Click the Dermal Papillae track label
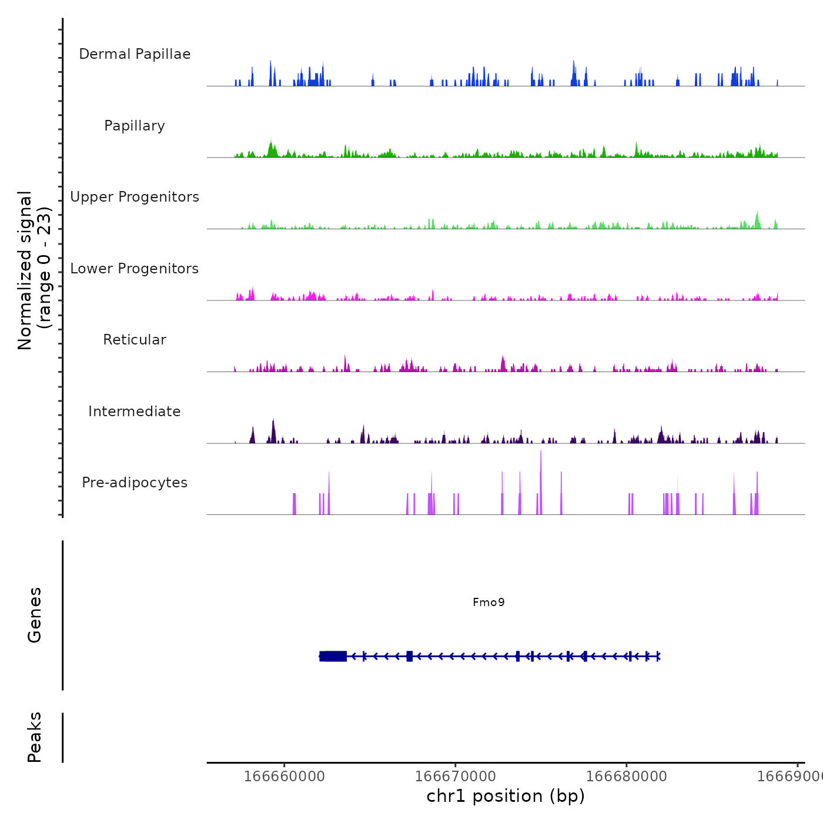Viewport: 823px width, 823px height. click(135, 54)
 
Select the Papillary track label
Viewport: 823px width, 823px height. click(135, 126)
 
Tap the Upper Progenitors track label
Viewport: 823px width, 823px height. click(135, 197)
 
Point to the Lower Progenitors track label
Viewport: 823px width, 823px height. click(135, 269)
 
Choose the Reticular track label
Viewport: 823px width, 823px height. click(135, 340)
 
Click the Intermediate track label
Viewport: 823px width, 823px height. click(135, 411)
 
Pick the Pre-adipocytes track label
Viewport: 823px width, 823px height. click(135, 483)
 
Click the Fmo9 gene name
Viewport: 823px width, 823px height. click(489, 602)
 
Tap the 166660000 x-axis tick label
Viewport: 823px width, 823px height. click(284, 776)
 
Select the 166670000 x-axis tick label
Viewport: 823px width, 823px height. click(455, 776)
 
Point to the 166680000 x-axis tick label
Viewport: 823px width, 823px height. click(627, 776)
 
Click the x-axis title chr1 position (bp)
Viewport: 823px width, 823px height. click(506, 796)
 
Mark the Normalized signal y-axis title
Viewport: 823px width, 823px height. click(34, 270)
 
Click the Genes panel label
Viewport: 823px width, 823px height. click(35, 615)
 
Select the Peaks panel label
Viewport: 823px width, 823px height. click(35, 737)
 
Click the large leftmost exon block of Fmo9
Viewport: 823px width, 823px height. click(333, 656)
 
